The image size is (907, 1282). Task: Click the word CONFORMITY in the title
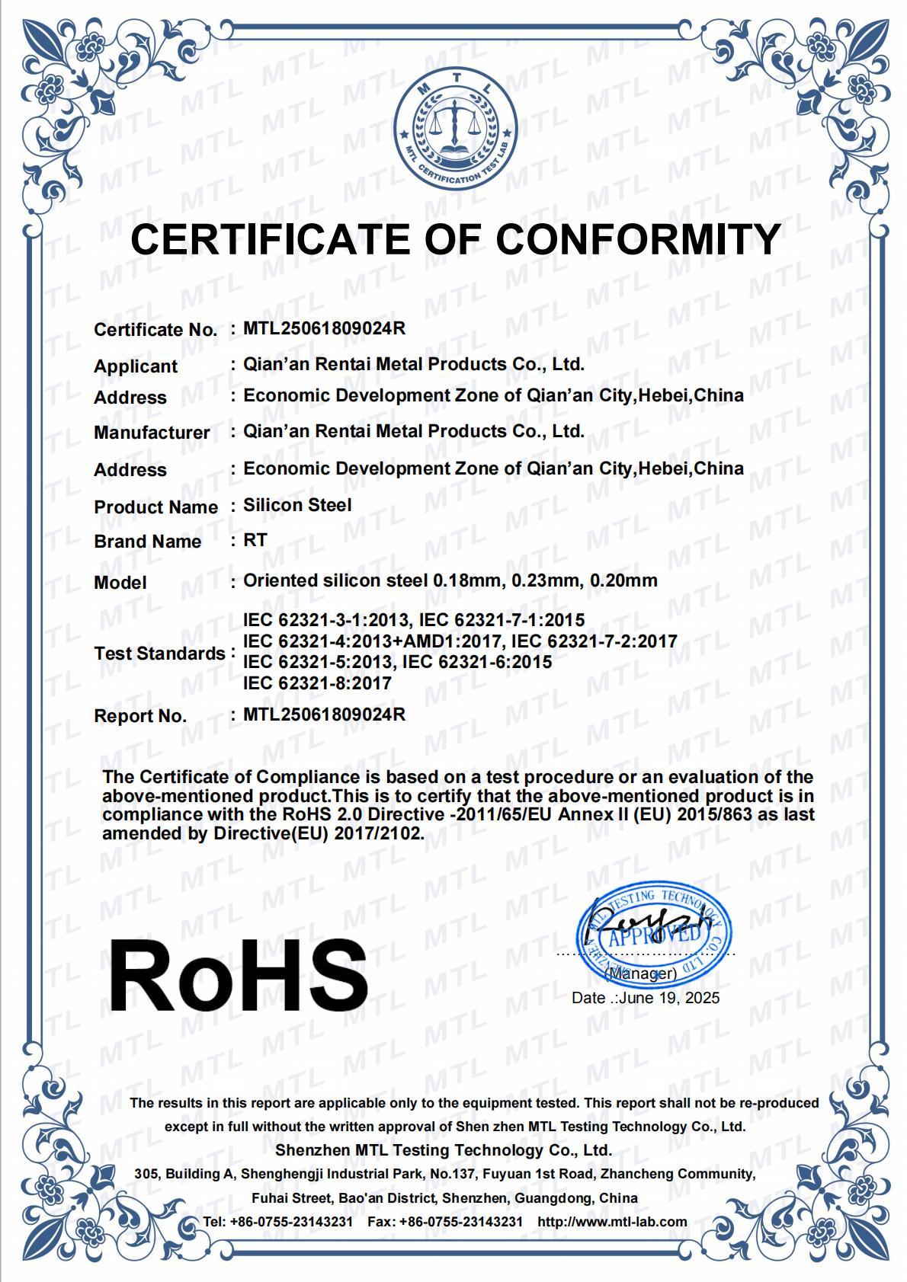639,239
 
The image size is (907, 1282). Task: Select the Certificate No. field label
155,330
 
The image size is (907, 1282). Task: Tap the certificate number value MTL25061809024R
324,328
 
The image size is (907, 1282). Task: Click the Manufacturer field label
152,433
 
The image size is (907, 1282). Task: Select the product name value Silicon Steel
297,505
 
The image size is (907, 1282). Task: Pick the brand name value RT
255,540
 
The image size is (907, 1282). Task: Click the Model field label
120,583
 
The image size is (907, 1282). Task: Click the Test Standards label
159,654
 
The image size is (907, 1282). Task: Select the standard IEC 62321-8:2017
317,683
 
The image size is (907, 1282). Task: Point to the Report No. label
140,716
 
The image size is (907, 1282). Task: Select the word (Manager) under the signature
640,973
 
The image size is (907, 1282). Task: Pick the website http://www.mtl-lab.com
612,1222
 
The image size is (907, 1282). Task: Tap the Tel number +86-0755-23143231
291,1222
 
